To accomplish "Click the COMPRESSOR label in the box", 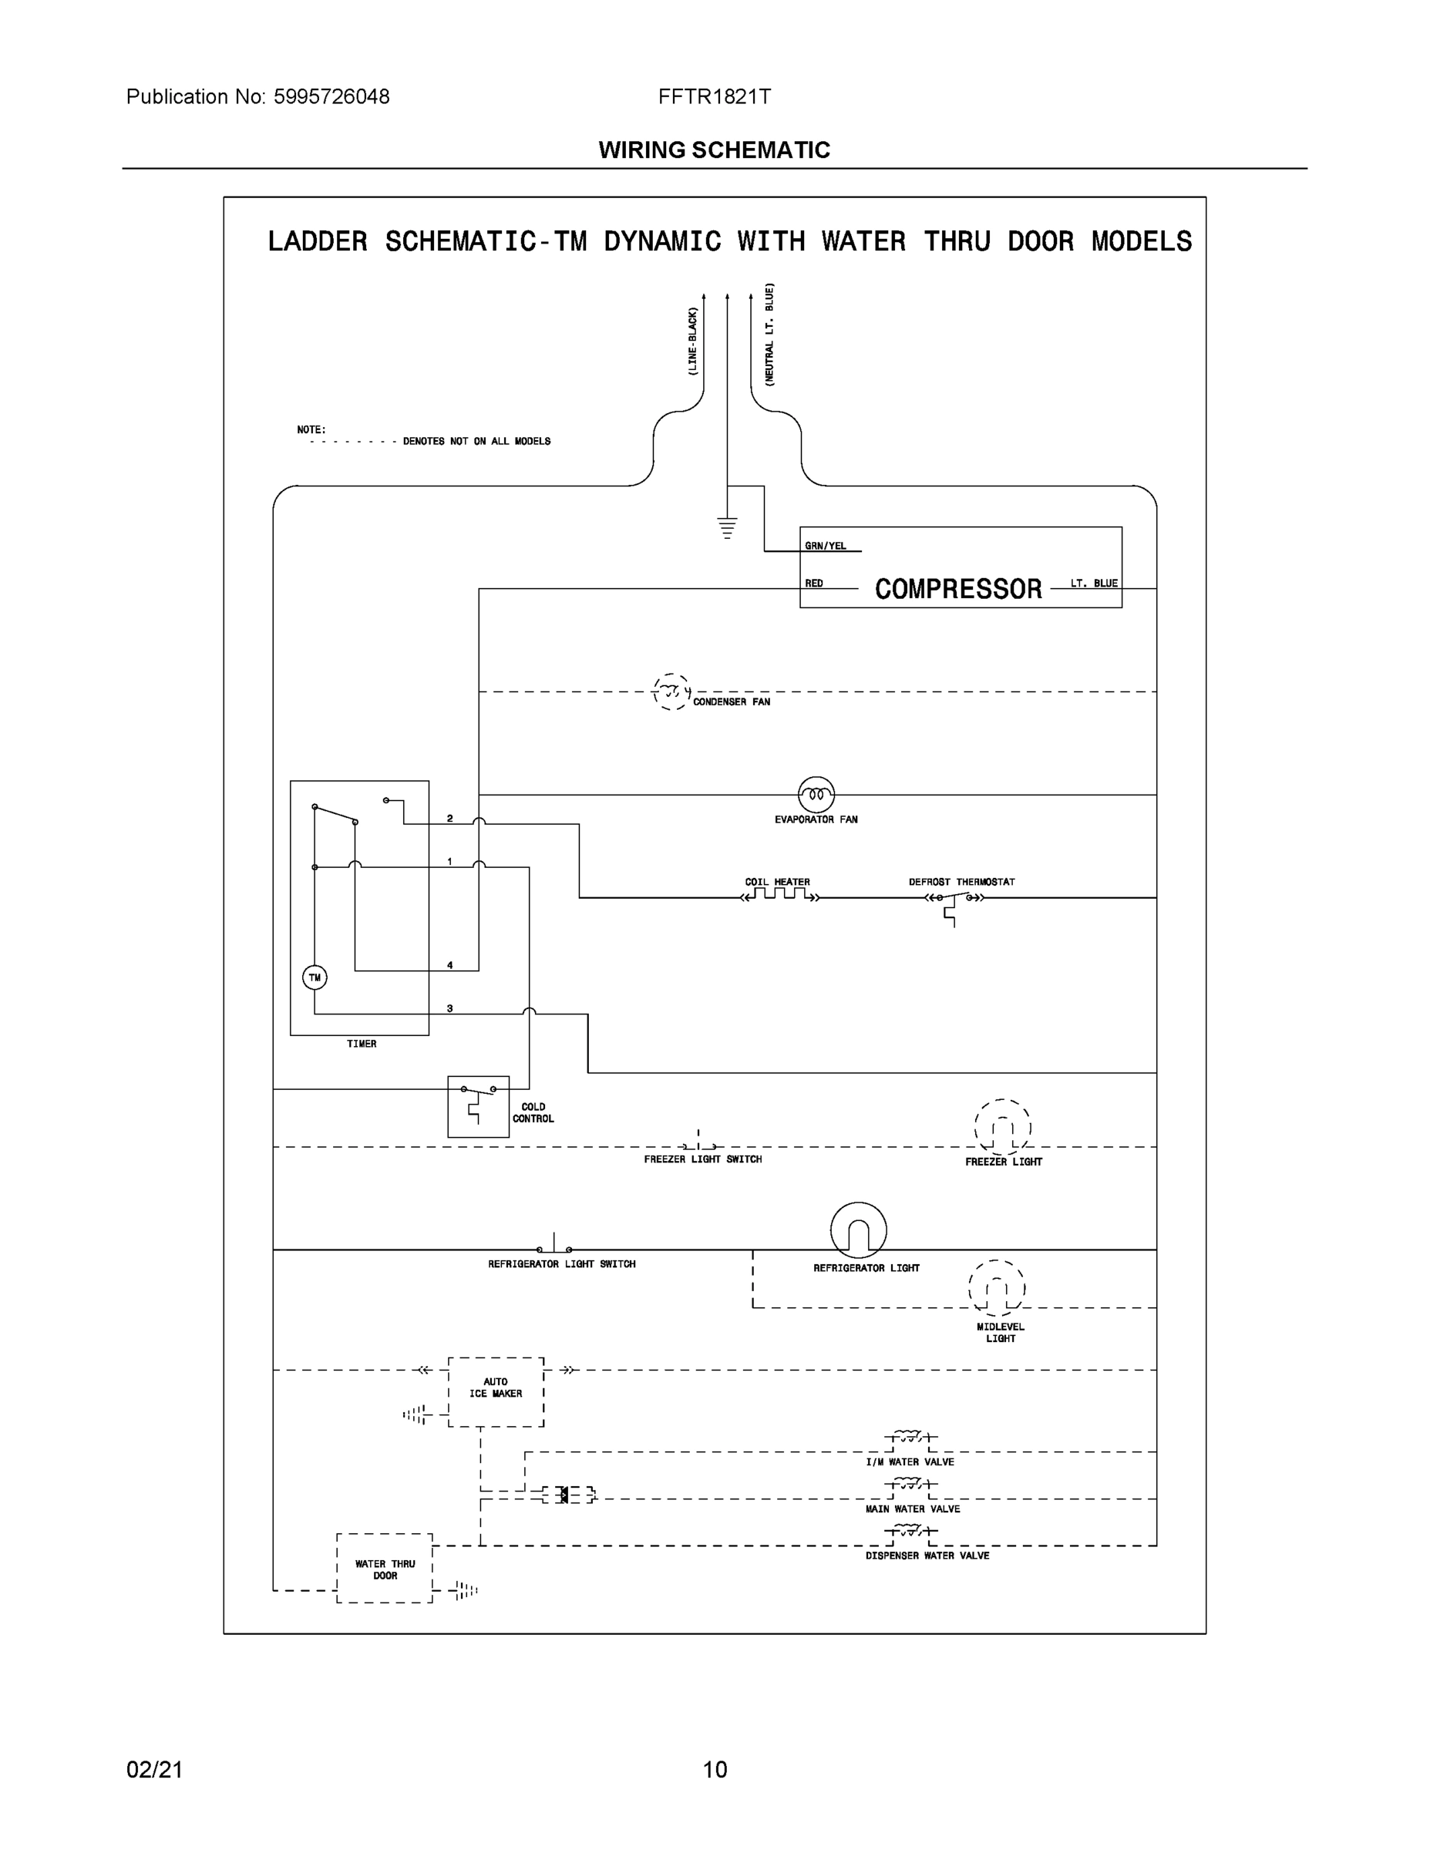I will (x=958, y=590).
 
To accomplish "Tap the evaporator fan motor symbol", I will (x=816, y=795).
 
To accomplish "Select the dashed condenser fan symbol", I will (x=671, y=692).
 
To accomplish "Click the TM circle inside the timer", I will (x=315, y=977).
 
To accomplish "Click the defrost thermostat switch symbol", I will (x=954, y=900).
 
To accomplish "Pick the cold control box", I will (x=478, y=1106).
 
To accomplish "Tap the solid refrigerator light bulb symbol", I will (x=858, y=1230).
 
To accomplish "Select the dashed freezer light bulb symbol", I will (x=1002, y=1128).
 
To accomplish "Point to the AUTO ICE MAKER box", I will (x=496, y=1391).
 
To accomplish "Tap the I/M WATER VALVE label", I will (x=909, y=1462).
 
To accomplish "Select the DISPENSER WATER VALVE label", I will (x=927, y=1556).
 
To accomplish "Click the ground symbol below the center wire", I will (x=727, y=527).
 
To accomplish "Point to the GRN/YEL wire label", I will (x=825, y=547).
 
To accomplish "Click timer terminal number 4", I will (x=450, y=965).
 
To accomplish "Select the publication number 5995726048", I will (x=331, y=96).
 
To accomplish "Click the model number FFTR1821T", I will (x=714, y=96).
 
